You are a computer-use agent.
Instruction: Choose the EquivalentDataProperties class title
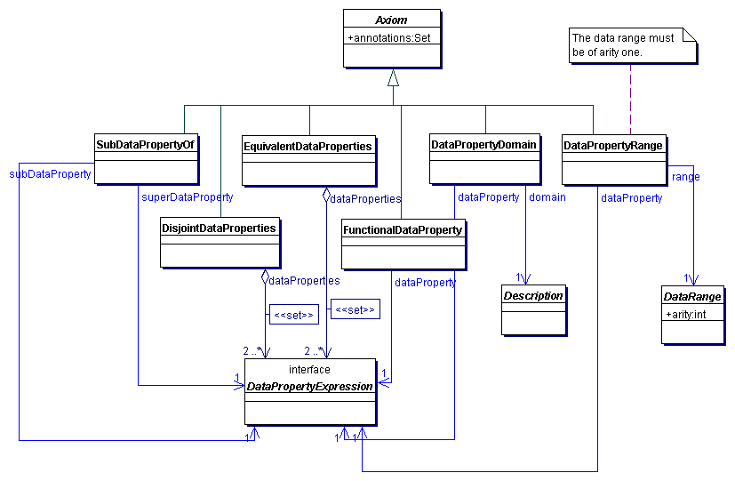(307, 146)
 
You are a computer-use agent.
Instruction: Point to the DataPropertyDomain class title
(483, 144)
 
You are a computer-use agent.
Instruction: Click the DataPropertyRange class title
(613, 145)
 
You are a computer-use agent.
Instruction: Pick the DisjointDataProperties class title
(219, 228)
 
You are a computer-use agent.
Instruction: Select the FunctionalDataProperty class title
(402, 229)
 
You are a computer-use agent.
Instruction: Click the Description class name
(533, 295)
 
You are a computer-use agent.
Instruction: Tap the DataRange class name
(692, 297)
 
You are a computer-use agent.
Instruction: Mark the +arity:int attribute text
(685, 313)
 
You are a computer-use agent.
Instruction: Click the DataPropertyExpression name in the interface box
(309, 387)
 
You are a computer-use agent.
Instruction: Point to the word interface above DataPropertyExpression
(309, 369)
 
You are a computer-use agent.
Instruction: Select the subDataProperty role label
(50, 174)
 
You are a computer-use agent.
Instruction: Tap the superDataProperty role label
(187, 196)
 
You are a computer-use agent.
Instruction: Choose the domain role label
(547, 196)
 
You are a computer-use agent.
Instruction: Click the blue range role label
(685, 176)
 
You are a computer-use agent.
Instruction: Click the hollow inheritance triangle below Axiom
(393, 78)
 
